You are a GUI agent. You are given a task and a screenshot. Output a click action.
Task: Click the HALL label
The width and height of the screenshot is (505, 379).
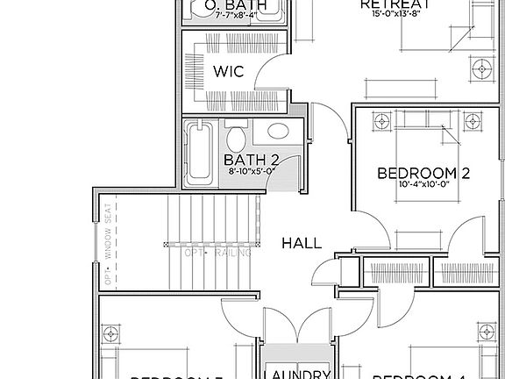pyautogui.click(x=302, y=243)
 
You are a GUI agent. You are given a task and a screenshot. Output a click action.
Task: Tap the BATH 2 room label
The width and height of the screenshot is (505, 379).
pyautogui.click(x=251, y=160)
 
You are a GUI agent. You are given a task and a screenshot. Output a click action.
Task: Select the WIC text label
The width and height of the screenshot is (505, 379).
pyautogui.click(x=228, y=69)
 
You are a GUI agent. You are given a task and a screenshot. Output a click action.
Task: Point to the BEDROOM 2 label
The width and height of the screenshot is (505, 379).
pyautogui.click(x=423, y=173)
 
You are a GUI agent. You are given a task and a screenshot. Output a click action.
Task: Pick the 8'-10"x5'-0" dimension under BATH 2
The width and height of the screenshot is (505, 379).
pyautogui.click(x=251, y=172)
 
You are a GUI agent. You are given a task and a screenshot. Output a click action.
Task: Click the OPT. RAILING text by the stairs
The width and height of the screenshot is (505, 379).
pyautogui.click(x=218, y=254)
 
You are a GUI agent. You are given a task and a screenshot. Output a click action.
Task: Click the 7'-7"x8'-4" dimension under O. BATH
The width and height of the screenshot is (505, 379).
pyautogui.click(x=207, y=15)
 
